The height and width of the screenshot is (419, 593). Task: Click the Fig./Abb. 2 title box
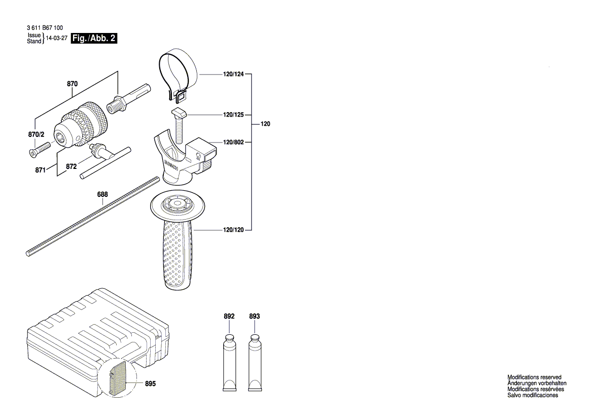point(94,39)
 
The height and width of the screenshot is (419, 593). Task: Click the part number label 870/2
point(36,134)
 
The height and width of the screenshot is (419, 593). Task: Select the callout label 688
point(103,194)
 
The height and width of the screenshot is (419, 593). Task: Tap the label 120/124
point(233,75)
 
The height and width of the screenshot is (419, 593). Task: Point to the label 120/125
point(233,116)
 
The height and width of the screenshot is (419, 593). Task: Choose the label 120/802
point(233,143)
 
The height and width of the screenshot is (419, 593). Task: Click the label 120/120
point(233,230)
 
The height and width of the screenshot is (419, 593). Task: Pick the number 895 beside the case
point(151,384)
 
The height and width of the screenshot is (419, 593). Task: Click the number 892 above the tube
point(229,317)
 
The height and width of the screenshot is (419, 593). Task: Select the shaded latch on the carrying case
point(117,376)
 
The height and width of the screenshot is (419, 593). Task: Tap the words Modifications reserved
point(534,377)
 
